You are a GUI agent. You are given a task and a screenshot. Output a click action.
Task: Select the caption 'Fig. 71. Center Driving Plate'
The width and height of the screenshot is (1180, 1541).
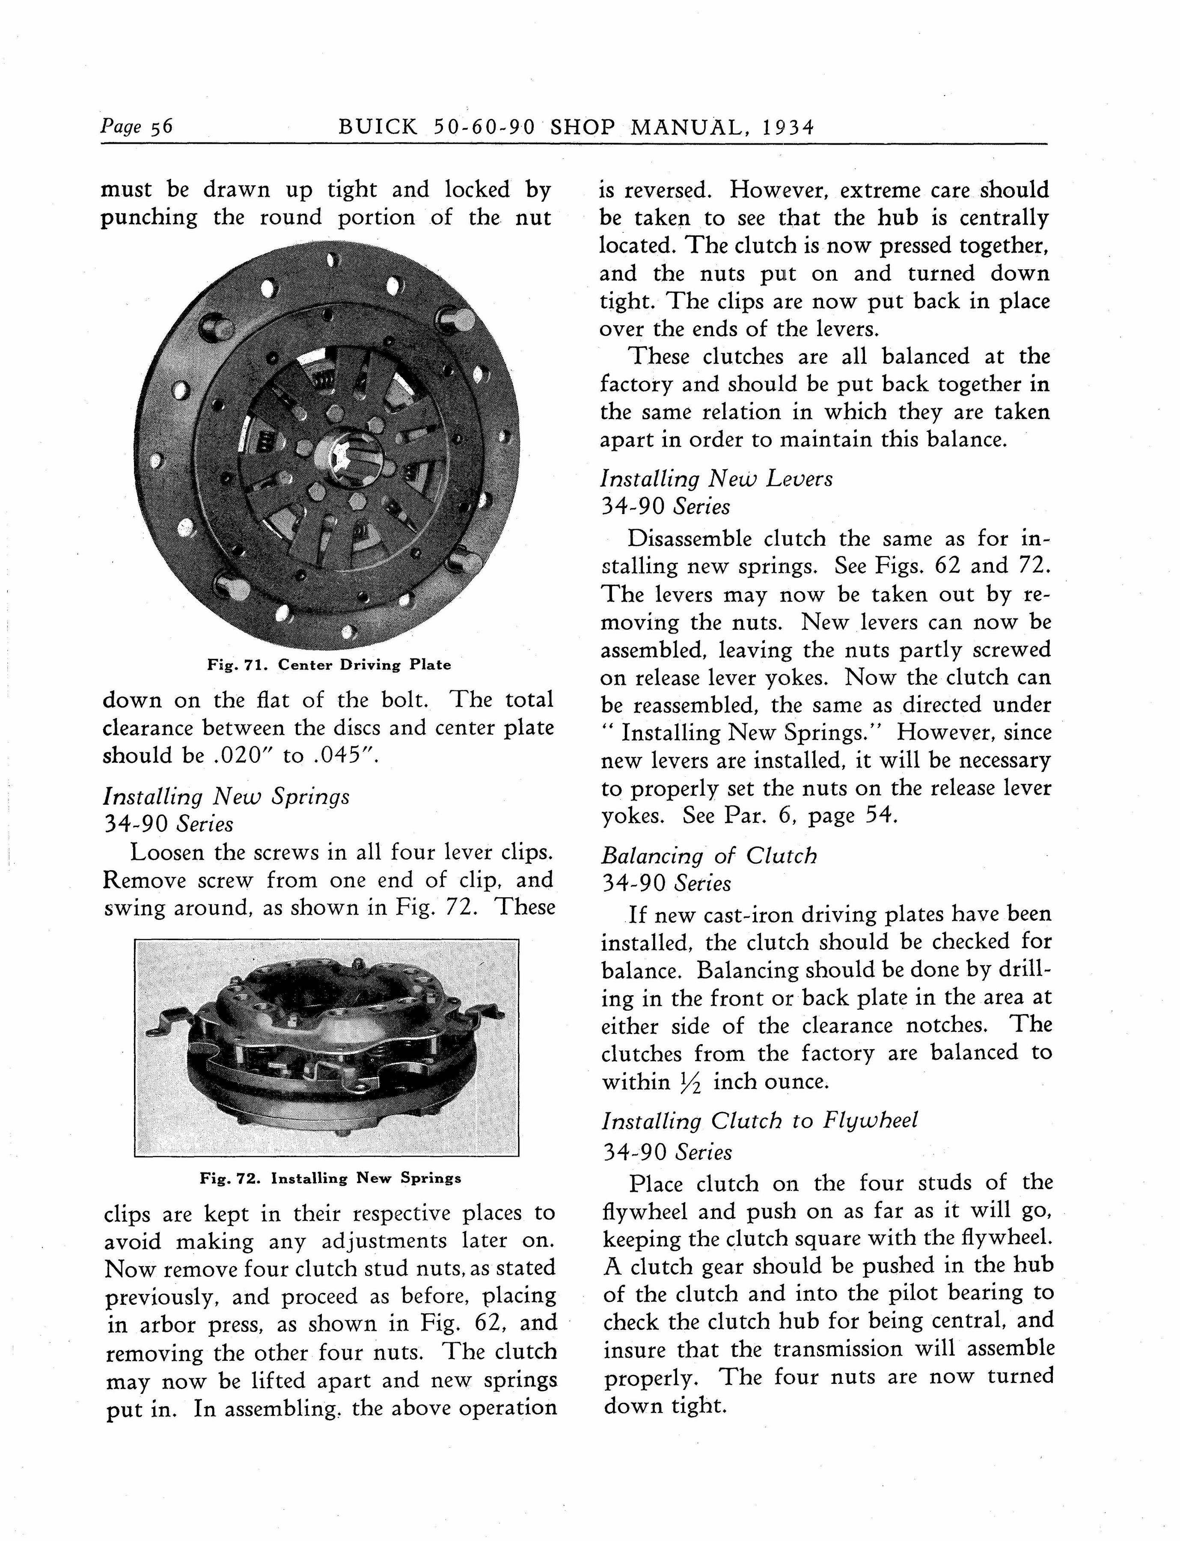tap(329, 664)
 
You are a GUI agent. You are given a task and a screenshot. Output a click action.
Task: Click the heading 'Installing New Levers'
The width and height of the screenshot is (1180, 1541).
tap(716, 479)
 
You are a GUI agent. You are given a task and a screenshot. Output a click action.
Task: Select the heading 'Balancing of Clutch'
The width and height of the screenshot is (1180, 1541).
tap(709, 856)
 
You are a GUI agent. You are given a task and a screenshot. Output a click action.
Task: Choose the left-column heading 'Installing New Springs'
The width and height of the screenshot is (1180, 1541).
tap(226, 797)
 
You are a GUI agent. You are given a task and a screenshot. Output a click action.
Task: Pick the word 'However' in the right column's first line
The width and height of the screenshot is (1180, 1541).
tap(780, 190)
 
